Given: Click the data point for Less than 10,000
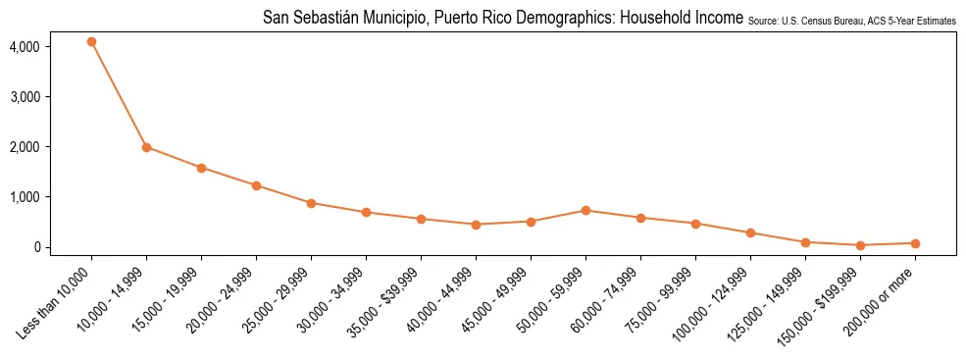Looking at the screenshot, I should (91, 42).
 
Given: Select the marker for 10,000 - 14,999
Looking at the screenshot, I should (146, 147).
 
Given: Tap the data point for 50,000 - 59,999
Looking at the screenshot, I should (585, 210).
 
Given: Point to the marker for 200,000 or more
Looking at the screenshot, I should (915, 243).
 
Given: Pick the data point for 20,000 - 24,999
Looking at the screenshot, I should (256, 185).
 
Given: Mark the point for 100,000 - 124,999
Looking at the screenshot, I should (750, 232).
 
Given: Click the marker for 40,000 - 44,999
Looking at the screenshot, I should (476, 225).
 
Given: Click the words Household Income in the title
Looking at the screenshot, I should (686, 19).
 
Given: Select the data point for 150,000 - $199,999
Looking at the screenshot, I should (860, 245).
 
